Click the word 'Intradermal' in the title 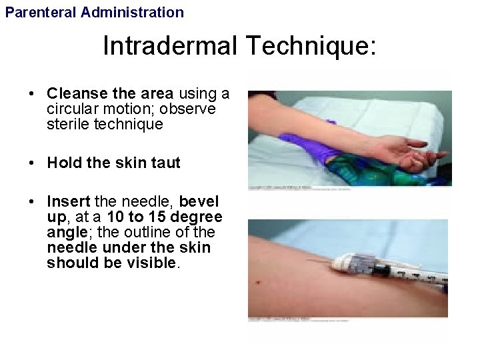pyautogui.click(x=170, y=47)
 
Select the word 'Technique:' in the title pyautogui.click(x=311, y=47)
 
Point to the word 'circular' pyautogui.click(x=70, y=109)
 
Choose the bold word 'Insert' pyautogui.click(x=69, y=201)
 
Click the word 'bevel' pyautogui.click(x=199, y=201)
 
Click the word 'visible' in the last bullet pyautogui.click(x=151, y=263)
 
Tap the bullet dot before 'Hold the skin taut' pyautogui.click(x=32, y=163)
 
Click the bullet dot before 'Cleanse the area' pyautogui.click(x=32, y=94)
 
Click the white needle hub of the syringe pyautogui.click(x=346, y=263)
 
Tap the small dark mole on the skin pyautogui.click(x=258, y=283)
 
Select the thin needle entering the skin pyautogui.click(x=319, y=261)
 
